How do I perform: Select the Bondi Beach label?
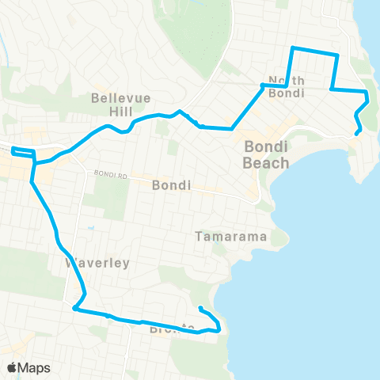[x=266, y=155]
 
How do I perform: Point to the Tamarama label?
[x=234, y=237]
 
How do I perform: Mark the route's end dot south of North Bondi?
[x=358, y=133]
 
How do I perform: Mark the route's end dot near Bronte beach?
[x=201, y=309]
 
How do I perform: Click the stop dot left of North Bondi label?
[x=262, y=85]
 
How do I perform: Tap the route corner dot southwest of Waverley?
[x=74, y=309]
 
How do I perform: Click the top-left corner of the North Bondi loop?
[x=294, y=48]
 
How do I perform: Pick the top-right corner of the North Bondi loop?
[x=338, y=55]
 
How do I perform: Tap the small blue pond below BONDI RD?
[x=92, y=228]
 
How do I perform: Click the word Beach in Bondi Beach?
[x=266, y=163]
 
